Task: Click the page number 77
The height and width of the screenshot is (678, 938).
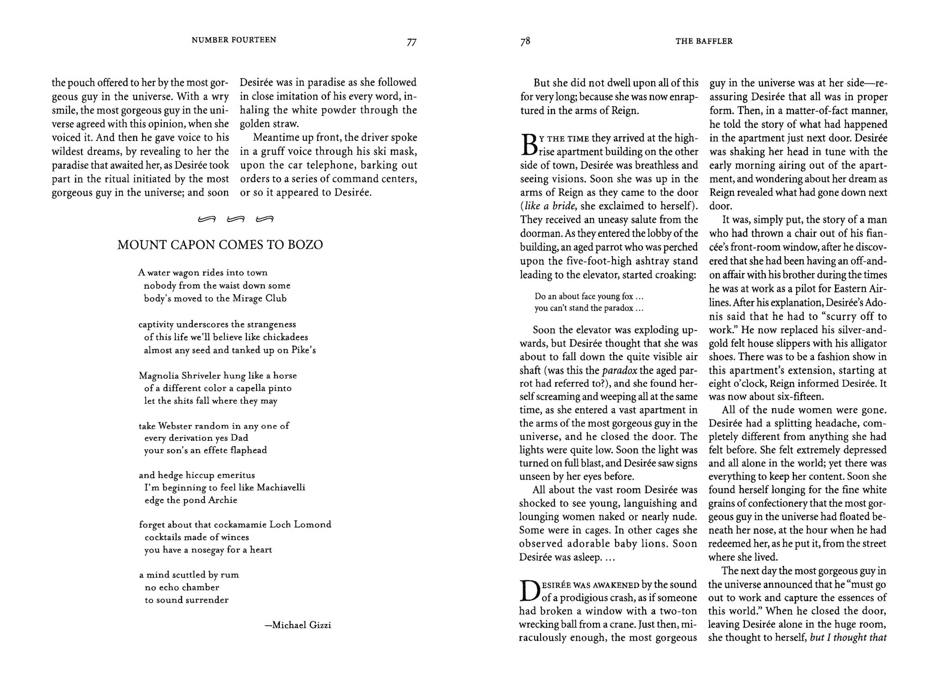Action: coord(411,42)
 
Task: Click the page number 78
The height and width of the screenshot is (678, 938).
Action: coord(525,41)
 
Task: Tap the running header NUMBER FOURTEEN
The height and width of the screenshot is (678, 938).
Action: coord(234,40)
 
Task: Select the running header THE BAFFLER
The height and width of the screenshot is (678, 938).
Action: coord(704,41)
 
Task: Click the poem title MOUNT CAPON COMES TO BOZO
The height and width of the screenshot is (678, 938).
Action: coord(220,245)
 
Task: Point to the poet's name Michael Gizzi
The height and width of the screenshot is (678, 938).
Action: coord(301,625)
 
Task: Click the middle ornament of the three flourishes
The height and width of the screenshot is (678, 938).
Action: coord(235,219)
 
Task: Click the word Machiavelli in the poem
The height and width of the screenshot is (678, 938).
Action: coord(281,488)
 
